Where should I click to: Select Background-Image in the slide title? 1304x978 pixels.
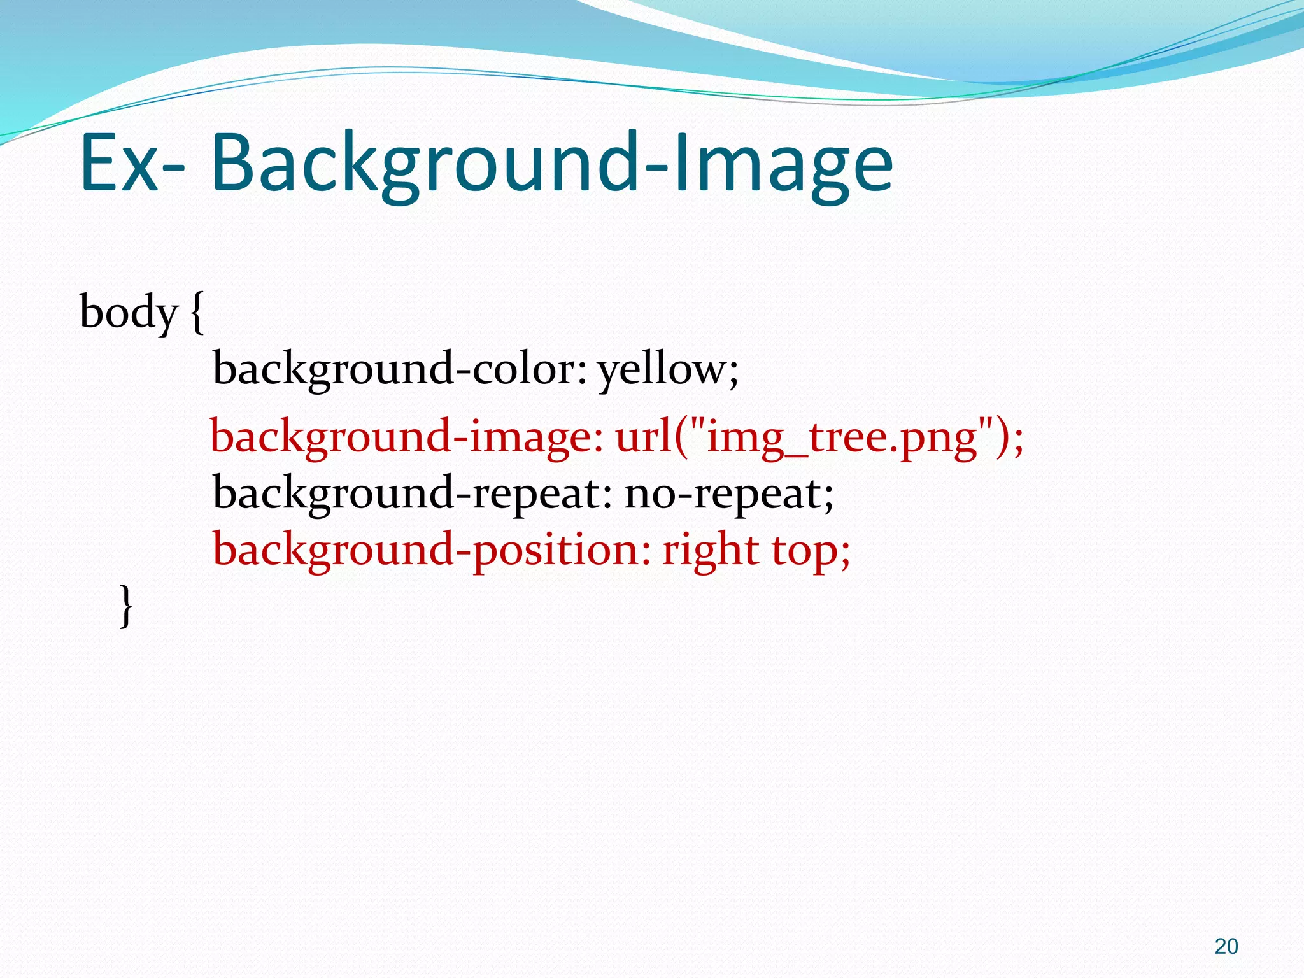point(551,164)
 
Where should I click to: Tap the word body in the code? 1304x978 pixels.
point(128,313)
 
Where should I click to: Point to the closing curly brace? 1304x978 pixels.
point(127,606)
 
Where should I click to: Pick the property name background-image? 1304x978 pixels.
point(406,437)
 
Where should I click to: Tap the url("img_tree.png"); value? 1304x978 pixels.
point(819,437)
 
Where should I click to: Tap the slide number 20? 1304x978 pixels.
point(1226,947)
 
